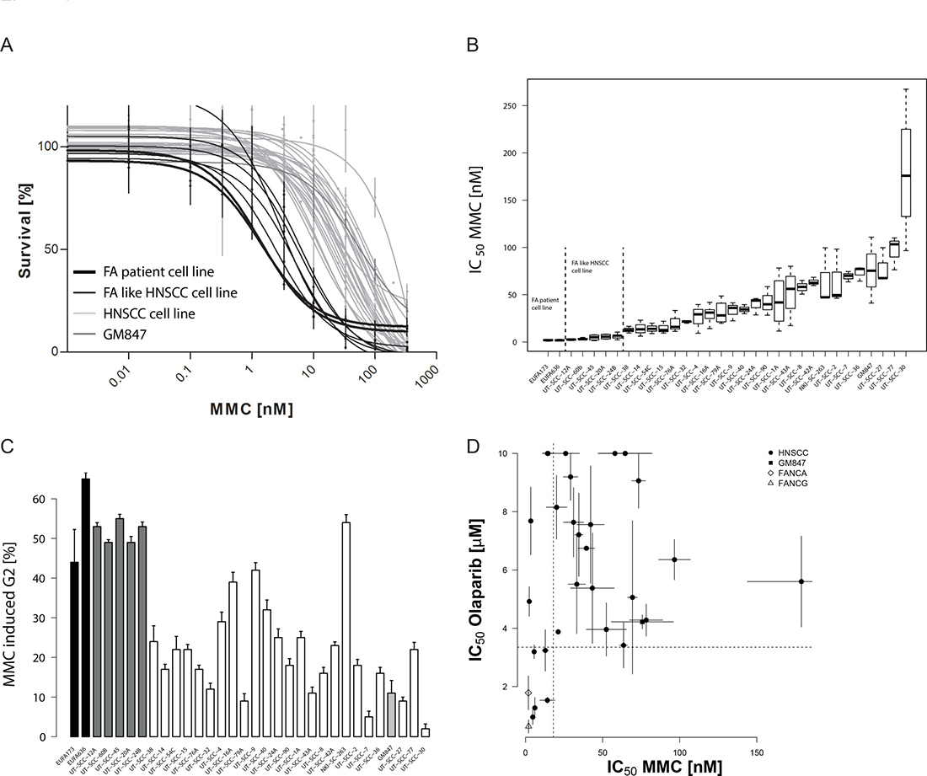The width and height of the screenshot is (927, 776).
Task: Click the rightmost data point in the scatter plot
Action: [x=801, y=581]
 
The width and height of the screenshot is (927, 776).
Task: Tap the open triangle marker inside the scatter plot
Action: [x=528, y=725]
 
